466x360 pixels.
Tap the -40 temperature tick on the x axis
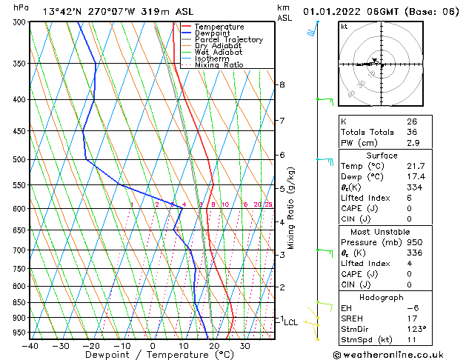[x=30, y=346]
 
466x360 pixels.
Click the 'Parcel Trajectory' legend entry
[x=228, y=39]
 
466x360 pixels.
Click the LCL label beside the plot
[x=291, y=322]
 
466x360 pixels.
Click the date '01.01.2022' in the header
[x=333, y=11]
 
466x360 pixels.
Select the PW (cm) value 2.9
[x=412, y=143]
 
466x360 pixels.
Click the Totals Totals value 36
[x=412, y=132]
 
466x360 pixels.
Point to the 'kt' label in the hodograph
[x=344, y=27]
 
